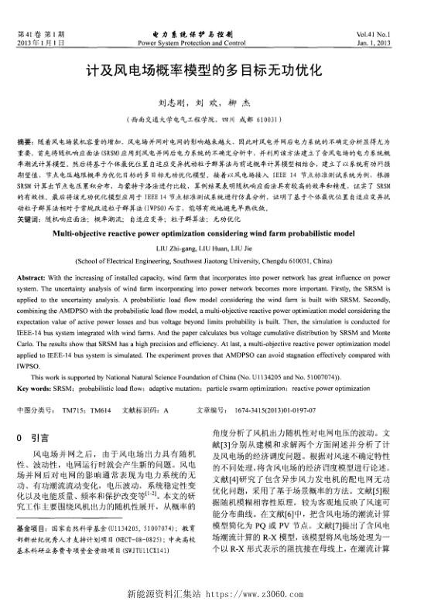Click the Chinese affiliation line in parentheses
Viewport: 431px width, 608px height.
[215, 121]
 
